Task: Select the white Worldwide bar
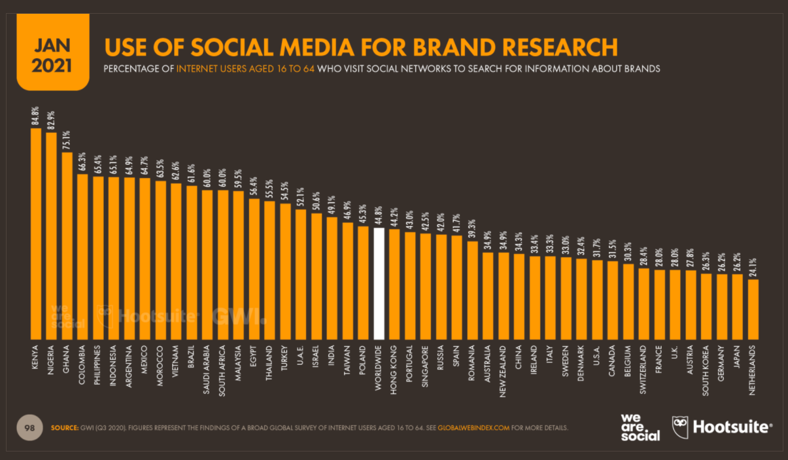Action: [379, 281]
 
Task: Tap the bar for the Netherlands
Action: [753, 307]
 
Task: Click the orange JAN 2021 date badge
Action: [52, 56]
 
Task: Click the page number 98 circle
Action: [29, 427]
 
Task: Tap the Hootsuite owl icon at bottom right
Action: [681, 426]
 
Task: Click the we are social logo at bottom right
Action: [640, 426]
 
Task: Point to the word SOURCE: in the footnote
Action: [65, 428]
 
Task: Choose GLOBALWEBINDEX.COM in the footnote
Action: [473, 428]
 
